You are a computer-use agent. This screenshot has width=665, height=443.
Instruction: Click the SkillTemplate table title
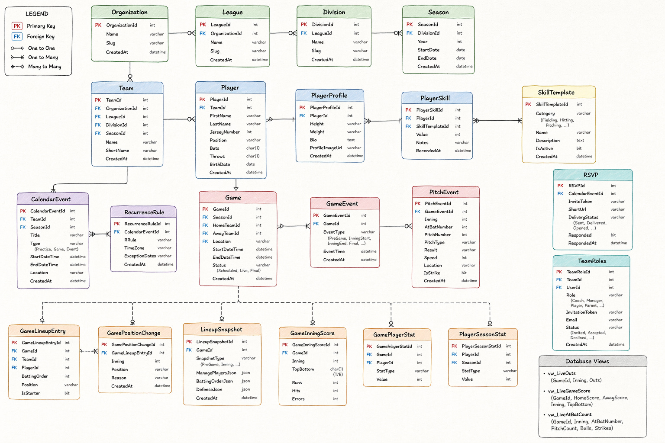[556, 92]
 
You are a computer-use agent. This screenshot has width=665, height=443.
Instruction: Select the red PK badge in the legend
[17, 26]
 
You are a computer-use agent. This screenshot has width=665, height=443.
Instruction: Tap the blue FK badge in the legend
[17, 36]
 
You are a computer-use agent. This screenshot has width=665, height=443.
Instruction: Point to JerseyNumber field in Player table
[224, 132]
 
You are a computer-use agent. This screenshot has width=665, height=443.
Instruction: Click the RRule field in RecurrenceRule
[130, 240]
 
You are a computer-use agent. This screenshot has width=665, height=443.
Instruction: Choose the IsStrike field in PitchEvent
[432, 273]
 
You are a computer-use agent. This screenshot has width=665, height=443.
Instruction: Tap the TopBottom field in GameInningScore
[303, 369]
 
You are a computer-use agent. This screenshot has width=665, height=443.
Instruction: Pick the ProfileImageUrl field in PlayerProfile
[326, 148]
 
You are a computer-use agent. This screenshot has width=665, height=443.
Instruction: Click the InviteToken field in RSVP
[580, 201]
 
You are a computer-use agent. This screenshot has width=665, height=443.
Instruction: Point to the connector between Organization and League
[182, 33]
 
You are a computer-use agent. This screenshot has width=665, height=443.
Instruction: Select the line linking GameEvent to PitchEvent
[396, 226]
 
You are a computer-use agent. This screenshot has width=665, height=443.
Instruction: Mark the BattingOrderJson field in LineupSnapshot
[214, 381]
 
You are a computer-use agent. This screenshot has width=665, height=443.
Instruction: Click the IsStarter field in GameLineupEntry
[31, 393]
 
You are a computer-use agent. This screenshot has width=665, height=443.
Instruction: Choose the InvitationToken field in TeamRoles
[581, 312]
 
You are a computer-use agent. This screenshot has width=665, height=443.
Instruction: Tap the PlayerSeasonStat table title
[482, 334]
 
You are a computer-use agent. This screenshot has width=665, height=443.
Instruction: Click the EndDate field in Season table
[427, 58]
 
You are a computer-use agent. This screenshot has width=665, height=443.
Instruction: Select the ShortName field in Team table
[117, 151]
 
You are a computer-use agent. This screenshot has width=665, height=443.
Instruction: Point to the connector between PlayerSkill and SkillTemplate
[497, 120]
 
